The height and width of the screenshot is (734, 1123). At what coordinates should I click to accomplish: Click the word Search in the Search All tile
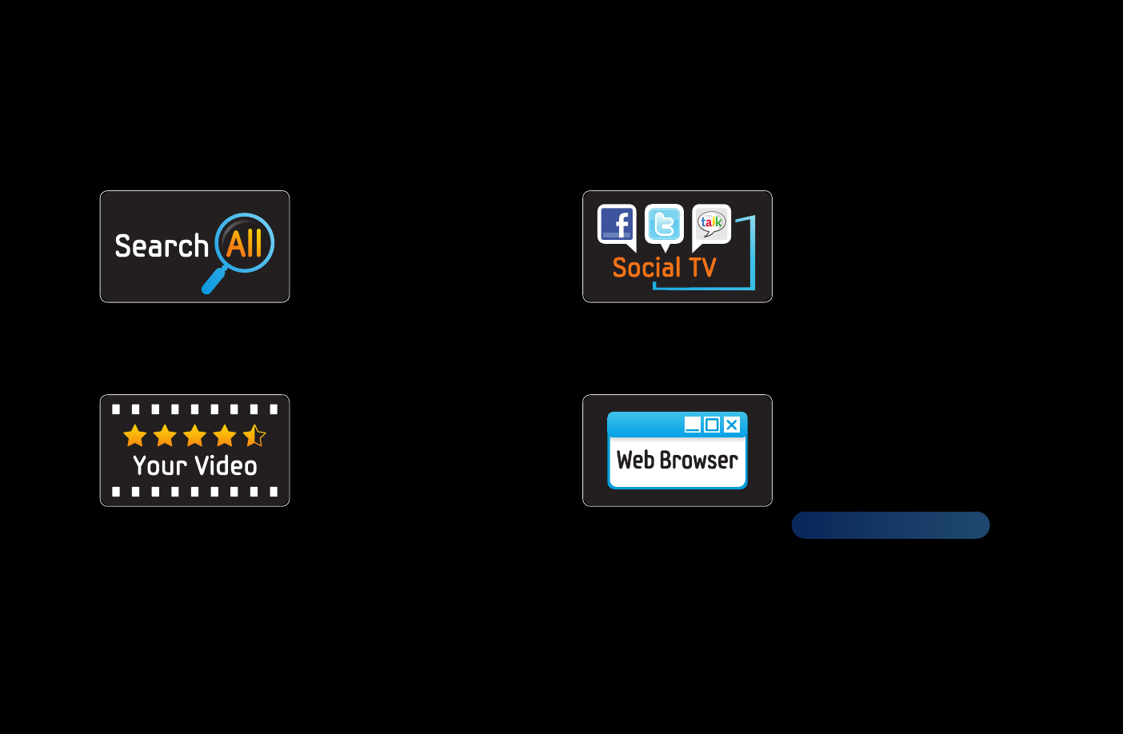[162, 245]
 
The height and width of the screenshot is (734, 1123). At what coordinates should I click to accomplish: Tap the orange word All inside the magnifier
[244, 244]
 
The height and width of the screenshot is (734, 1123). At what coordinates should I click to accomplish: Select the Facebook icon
[617, 226]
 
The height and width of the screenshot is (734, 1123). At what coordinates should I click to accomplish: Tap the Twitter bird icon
[664, 226]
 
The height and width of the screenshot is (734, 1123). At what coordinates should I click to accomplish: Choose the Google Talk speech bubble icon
[711, 226]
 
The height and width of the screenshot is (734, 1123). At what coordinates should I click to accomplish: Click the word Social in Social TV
[646, 267]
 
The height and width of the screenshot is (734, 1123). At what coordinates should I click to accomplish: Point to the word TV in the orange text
[702, 267]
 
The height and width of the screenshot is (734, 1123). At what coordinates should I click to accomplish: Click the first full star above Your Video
[135, 436]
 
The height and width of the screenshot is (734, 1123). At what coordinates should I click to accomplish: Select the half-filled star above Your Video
[254, 436]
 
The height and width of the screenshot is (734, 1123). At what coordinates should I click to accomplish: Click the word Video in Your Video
[226, 465]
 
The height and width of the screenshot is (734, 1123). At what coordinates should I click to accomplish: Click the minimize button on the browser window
[693, 425]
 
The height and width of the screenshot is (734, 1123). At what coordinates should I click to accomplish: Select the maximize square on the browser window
[712, 425]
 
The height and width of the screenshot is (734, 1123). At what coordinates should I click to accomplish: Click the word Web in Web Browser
[635, 460]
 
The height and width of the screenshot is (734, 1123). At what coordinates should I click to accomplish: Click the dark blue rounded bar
[890, 525]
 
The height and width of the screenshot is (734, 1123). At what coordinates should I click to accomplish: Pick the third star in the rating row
[194, 436]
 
